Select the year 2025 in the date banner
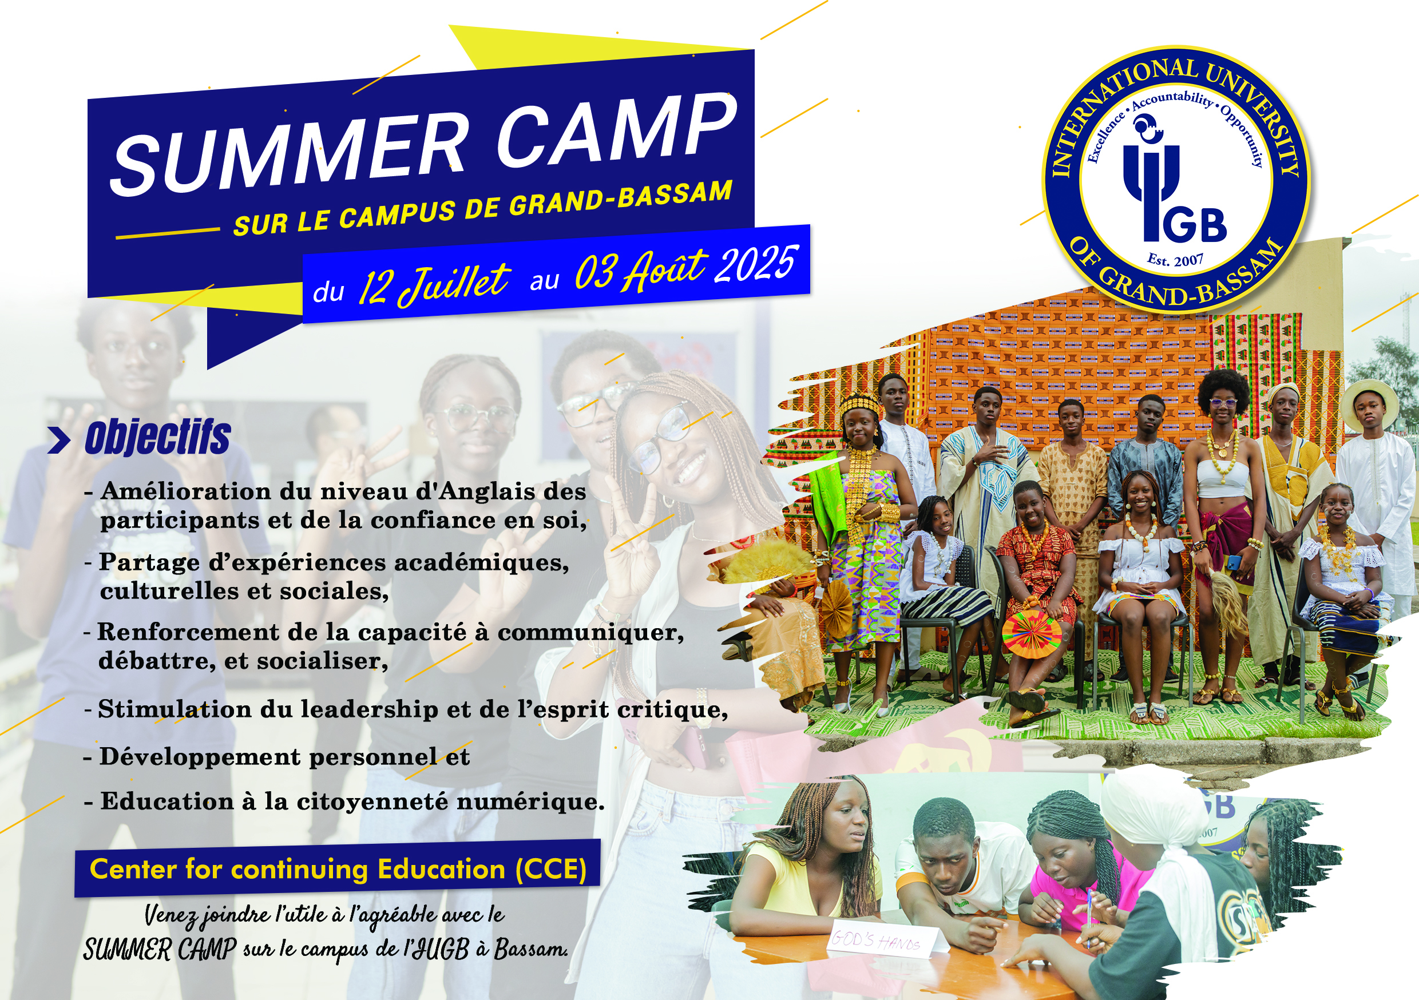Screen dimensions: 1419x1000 (755, 265)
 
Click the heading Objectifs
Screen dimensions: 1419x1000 (157, 438)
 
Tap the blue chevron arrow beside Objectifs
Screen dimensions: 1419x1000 (59, 441)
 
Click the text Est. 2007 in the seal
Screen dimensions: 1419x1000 (1175, 260)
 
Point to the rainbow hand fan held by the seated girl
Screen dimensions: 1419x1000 (1031, 634)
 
